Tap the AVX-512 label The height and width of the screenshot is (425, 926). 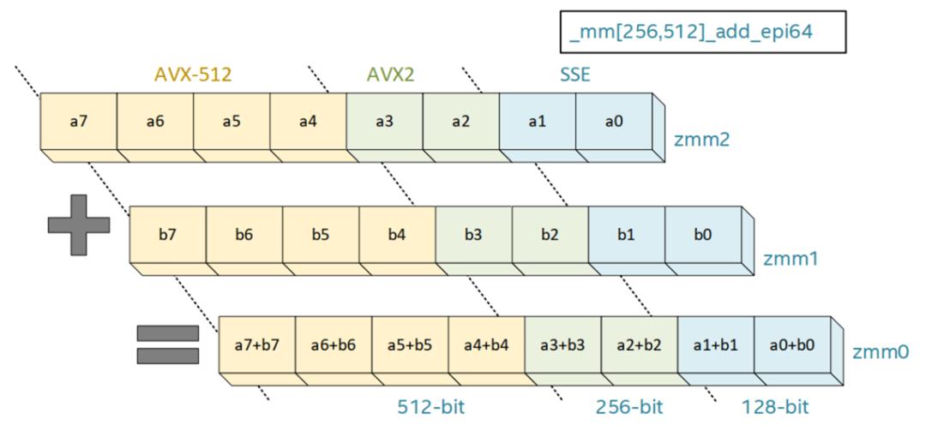pyautogui.click(x=193, y=75)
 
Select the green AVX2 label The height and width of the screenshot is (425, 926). pyautogui.click(x=385, y=75)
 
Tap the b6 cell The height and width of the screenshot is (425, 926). pyautogui.click(x=244, y=234)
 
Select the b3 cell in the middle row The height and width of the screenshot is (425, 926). pyautogui.click(x=473, y=234)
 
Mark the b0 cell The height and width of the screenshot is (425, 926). pyautogui.click(x=703, y=234)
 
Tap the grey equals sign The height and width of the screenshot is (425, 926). pyautogui.click(x=168, y=344)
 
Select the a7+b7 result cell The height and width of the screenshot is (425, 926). pyautogui.click(x=256, y=345)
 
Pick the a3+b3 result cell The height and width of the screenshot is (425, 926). pyautogui.click(x=562, y=345)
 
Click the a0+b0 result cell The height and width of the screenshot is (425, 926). pyautogui.click(x=792, y=345)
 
